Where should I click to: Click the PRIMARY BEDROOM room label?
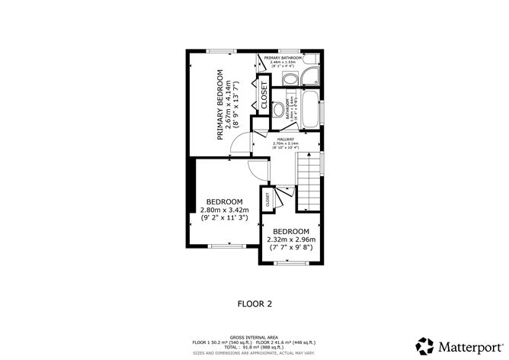pyautogui.click(x=219, y=104)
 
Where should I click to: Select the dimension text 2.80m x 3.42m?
pyautogui.click(x=225, y=210)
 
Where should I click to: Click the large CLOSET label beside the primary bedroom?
pyautogui.click(x=264, y=95)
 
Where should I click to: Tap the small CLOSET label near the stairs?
pyautogui.click(x=267, y=200)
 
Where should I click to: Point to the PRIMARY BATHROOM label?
pyautogui.click(x=282, y=58)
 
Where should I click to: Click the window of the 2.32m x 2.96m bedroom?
pyautogui.click(x=293, y=263)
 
